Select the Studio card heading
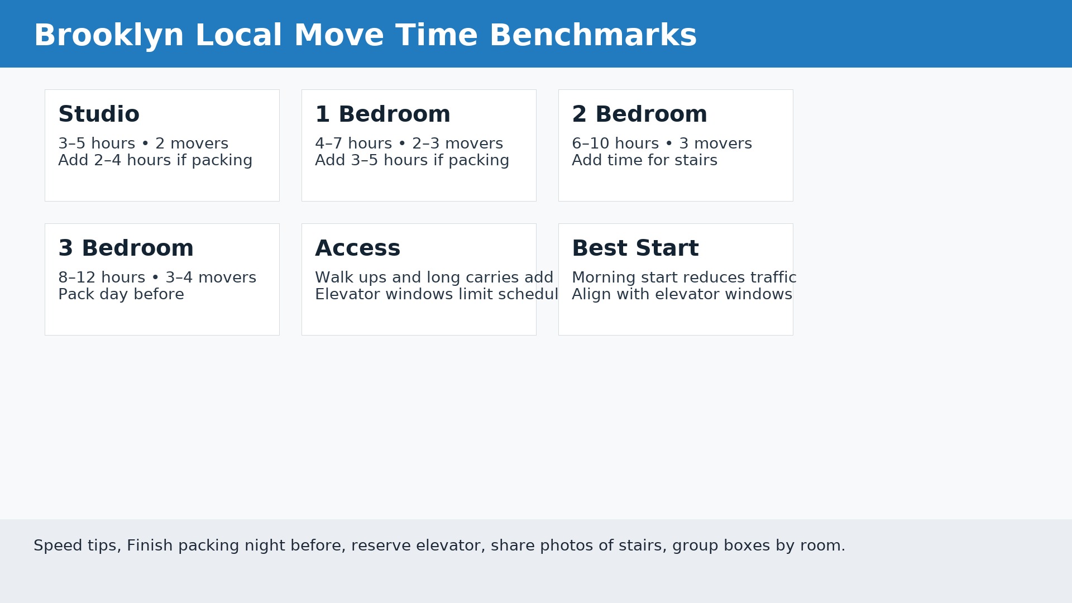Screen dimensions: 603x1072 coord(99,114)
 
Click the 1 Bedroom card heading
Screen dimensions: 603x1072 coord(382,114)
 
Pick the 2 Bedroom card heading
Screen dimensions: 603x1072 coord(639,114)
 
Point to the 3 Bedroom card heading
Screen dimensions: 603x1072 coord(126,248)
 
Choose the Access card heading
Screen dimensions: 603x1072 coord(357,248)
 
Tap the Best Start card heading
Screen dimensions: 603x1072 coord(635,248)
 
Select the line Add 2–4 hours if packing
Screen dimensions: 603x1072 coord(155,161)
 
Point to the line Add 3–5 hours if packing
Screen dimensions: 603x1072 coord(412,161)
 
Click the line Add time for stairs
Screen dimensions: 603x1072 coord(644,161)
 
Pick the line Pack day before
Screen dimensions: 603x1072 coord(121,295)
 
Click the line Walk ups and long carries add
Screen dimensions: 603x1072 coord(434,278)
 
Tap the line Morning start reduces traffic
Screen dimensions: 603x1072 coord(684,278)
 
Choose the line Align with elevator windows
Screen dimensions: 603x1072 coord(682,295)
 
